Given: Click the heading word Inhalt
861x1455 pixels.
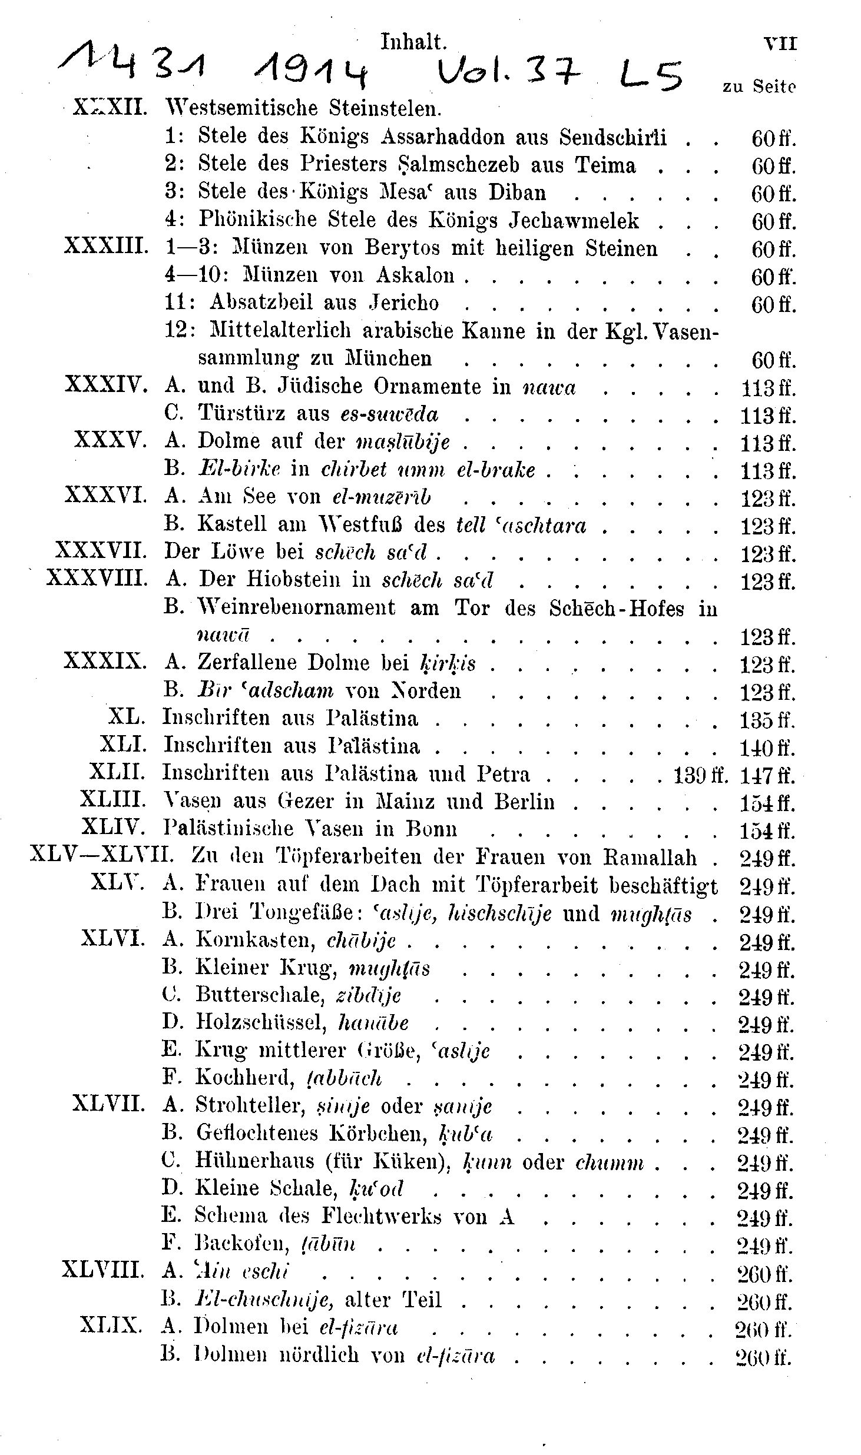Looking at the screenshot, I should pos(413,42).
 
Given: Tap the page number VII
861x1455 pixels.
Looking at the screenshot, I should pos(780,44).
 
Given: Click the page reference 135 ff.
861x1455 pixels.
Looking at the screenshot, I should pos(767,719).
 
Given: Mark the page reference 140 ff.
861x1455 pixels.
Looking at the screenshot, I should pos(767,747).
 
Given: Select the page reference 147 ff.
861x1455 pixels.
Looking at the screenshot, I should pos(767,775).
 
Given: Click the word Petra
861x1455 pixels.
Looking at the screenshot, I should pos(504,773).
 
